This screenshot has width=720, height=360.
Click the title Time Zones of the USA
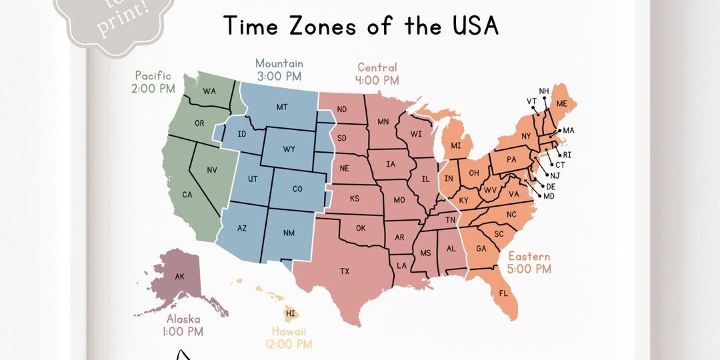tap(361, 25)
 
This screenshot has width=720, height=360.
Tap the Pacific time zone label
tap(154, 75)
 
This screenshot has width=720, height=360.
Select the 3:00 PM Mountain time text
tap(279, 77)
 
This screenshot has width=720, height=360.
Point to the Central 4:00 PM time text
tap(377, 81)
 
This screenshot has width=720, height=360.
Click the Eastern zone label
tap(529, 257)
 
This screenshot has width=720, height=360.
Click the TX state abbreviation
tap(345, 271)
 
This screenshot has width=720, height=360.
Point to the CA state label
tap(187, 195)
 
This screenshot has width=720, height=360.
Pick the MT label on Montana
tap(281, 107)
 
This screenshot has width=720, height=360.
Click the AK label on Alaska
tap(179, 277)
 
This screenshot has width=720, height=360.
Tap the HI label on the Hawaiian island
tap(291, 313)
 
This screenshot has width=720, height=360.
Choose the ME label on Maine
tap(561, 103)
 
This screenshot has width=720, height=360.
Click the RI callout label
tap(567, 155)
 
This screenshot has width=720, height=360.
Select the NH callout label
tap(544, 91)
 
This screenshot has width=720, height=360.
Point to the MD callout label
tap(549, 196)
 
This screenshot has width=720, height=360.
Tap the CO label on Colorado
tap(297, 189)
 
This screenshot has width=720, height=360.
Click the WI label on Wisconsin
tap(416, 134)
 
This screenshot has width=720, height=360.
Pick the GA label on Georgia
tap(481, 249)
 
